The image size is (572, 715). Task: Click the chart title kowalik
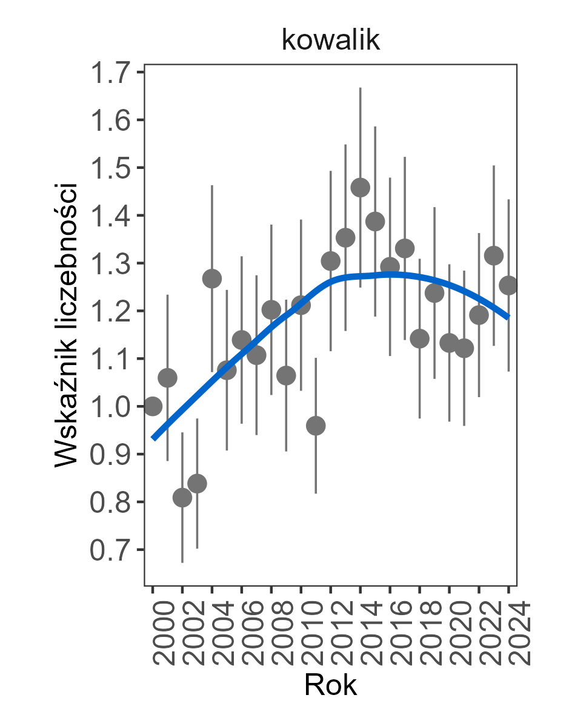pos(330,41)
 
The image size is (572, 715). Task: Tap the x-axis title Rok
pos(330,686)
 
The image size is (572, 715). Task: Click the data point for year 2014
pos(361,188)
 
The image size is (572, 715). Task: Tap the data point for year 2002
pos(182,498)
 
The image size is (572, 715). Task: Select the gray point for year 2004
pos(212,278)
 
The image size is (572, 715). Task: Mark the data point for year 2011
pos(316,426)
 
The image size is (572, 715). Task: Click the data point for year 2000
pos(153,406)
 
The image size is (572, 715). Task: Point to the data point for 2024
pos(508,285)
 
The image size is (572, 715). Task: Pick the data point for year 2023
pos(494,255)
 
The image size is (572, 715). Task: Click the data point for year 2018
pos(434,293)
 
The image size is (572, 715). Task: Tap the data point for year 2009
pos(286,375)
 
